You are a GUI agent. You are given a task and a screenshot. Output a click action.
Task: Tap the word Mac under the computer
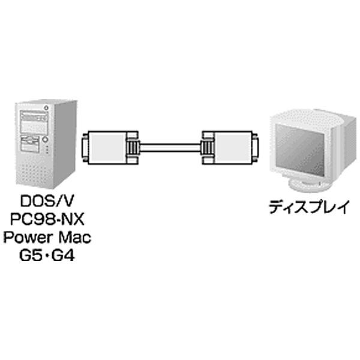[x=73, y=236]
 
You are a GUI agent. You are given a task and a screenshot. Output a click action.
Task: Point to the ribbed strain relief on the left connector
[x=133, y=148]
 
